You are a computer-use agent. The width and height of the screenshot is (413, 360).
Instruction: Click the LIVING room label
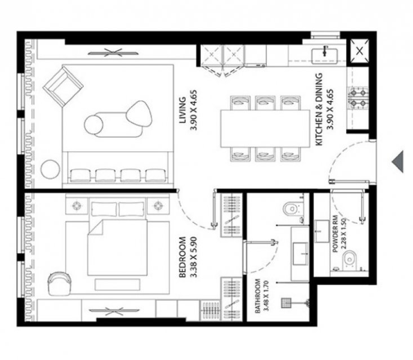pyautogui.click(x=182, y=110)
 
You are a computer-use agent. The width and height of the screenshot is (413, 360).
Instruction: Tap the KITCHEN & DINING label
pyautogui.click(x=318, y=109)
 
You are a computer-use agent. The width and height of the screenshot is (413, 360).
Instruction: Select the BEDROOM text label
pyautogui.click(x=182, y=257)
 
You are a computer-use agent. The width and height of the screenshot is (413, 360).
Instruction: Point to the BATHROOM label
pyautogui.click(x=257, y=296)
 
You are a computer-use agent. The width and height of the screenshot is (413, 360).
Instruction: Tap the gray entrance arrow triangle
pyautogui.click(x=398, y=161)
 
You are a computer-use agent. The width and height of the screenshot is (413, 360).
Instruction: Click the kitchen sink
pyautogui.click(x=325, y=56)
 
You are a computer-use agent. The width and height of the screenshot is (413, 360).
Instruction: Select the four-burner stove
pyautogui.click(x=358, y=98)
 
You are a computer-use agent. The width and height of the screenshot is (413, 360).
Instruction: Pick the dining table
pyautogui.click(x=265, y=128)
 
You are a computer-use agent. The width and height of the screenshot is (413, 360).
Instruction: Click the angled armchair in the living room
pyautogui.click(x=63, y=86)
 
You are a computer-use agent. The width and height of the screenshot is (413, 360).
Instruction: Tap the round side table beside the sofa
pyautogui.click(x=50, y=169)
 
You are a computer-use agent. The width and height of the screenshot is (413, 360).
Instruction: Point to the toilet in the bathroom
pyautogui.click(x=293, y=209)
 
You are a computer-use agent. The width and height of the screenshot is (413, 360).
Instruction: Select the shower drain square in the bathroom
pyautogui.click(x=286, y=303)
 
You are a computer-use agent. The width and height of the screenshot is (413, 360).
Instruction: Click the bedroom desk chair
pyautogui.click(x=59, y=283)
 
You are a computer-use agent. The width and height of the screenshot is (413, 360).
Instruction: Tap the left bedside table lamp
pyautogui.click(x=77, y=205)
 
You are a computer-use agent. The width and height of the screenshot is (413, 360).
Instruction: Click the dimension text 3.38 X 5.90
pyautogui.click(x=194, y=257)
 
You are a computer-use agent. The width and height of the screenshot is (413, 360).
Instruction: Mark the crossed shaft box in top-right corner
pyautogui.click(x=360, y=51)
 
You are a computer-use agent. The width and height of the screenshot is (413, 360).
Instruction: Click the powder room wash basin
pyautogui.click(x=322, y=231)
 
